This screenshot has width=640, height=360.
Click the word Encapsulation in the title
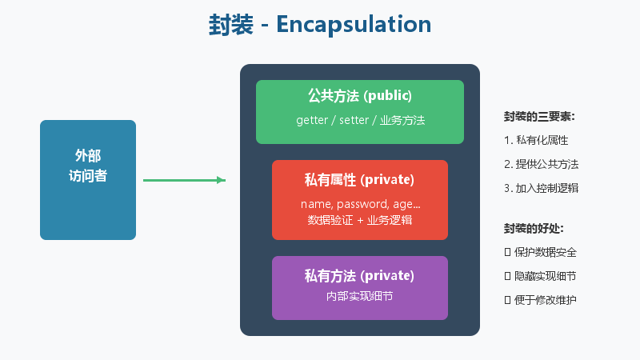[x=354, y=24]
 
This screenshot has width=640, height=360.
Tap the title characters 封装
[x=231, y=24]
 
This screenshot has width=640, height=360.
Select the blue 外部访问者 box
[x=88, y=179]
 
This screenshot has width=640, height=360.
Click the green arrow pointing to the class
[x=184, y=180]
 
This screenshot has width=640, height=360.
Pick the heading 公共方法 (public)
[x=359, y=96]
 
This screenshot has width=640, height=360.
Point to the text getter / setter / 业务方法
[x=360, y=120]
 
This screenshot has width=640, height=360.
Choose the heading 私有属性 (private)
[x=359, y=178]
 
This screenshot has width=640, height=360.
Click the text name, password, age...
[x=359, y=204]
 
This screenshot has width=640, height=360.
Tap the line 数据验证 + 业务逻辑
[x=359, y=220]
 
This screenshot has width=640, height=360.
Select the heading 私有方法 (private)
[x=359, y=276]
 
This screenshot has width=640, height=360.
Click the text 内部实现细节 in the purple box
[x=359, y=296]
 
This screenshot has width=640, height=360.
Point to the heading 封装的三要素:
[x=539, y=116]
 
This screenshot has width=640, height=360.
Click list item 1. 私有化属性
[x=536, y=140]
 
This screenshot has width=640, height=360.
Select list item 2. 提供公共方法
[x=541, y=164]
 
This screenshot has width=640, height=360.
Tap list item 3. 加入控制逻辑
[x=541, y=188]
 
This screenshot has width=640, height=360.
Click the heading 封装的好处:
[x=534, y=228]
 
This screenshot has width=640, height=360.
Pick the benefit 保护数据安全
[x=544, y=252]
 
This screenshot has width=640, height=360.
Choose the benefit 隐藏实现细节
[x=544, y=276]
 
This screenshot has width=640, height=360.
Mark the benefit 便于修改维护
[x=544, y=300]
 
